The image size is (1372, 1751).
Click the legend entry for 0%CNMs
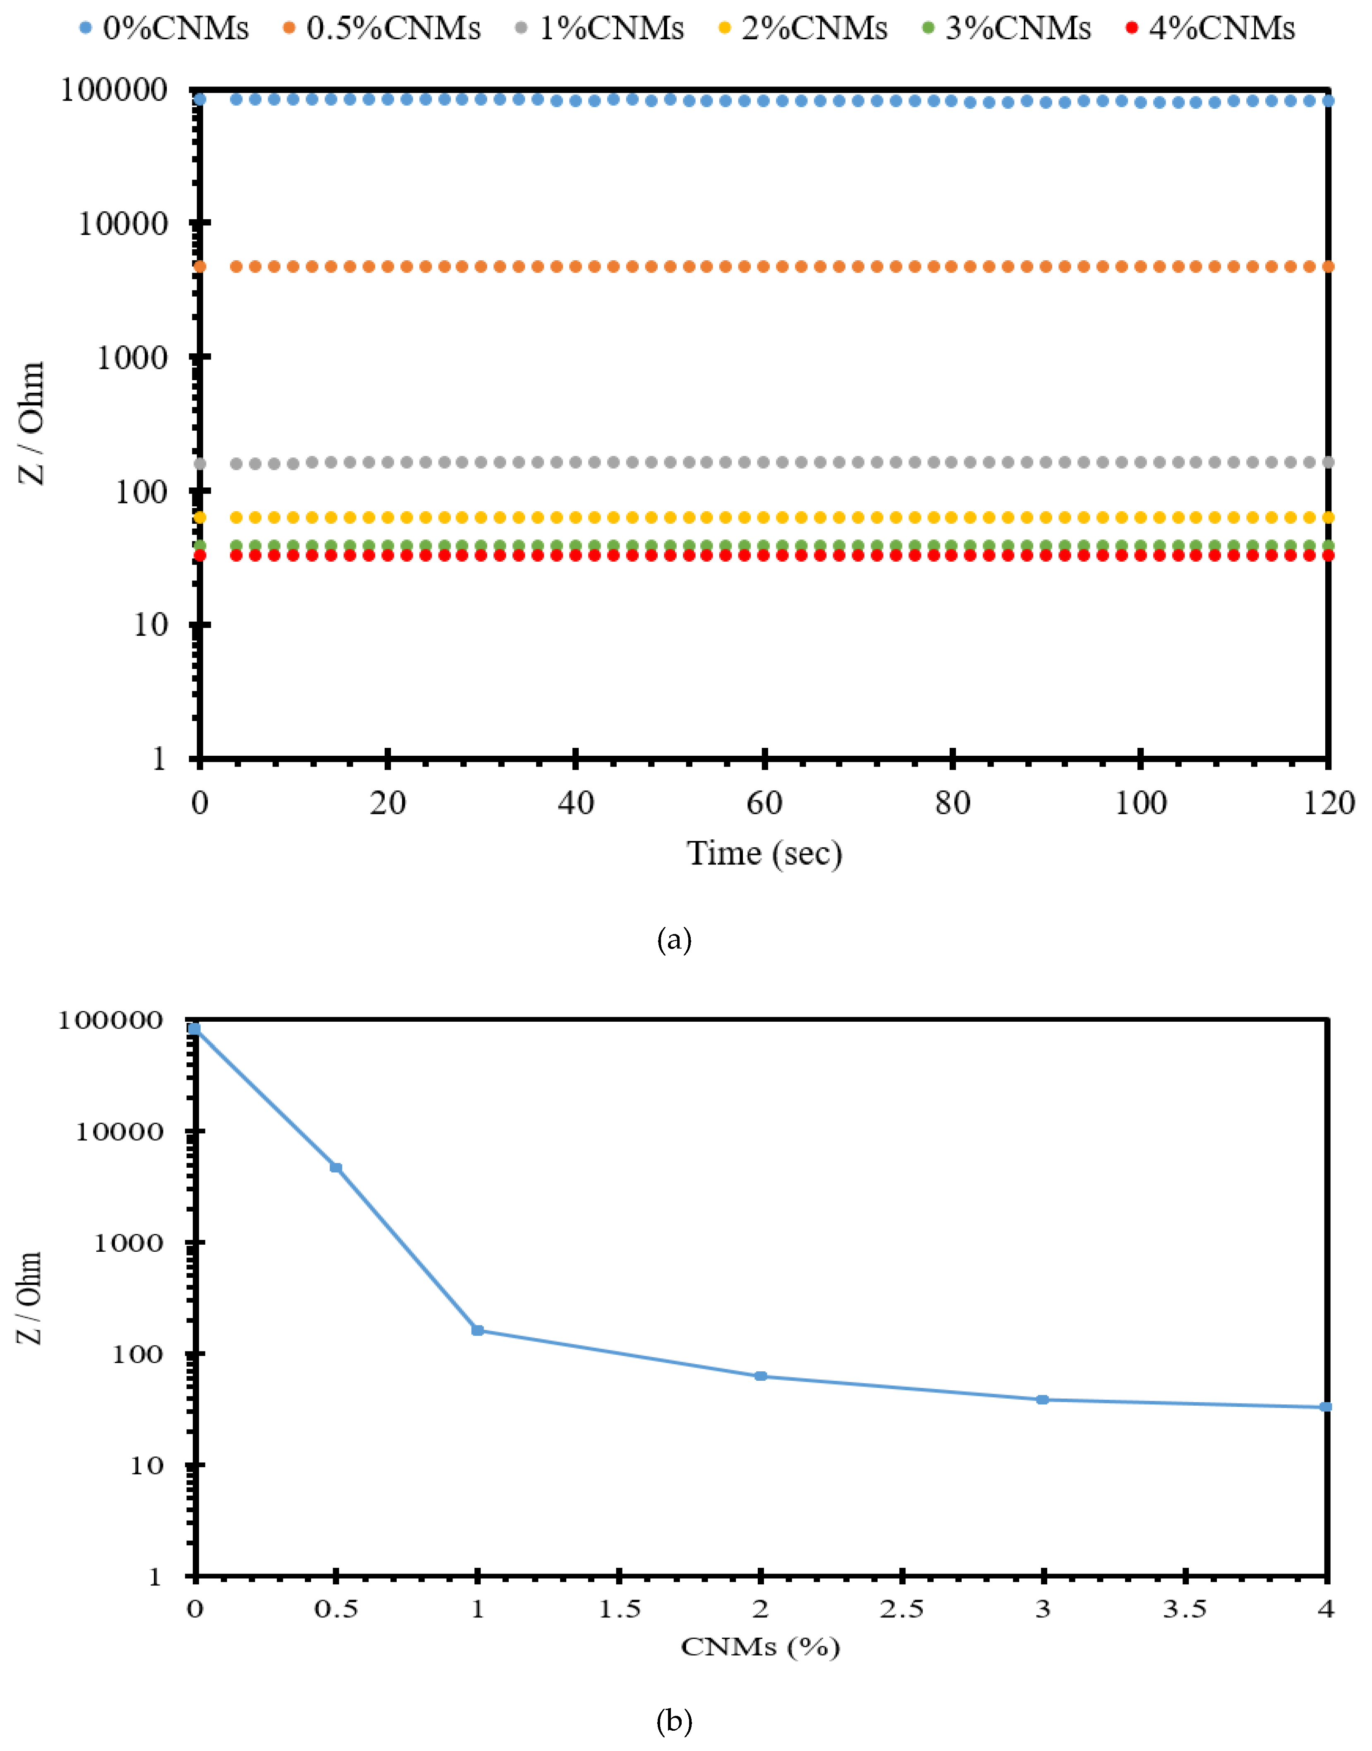click(165, 28)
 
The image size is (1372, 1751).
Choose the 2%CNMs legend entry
click(803, 28)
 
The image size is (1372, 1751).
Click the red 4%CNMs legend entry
click(1212, 28)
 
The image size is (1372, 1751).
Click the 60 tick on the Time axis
click(764, 802)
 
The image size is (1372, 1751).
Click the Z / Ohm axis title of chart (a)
click(32, 423)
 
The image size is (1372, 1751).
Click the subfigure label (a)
click(674, 939)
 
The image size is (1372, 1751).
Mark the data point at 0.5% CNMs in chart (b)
click(336, 1167)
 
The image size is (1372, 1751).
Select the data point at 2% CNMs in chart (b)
click(761, 1376)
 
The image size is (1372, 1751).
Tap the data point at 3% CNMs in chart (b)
click(1043, 1399)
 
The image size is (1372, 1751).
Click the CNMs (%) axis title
click(760, 1647)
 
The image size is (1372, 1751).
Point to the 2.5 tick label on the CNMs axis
click(902, 1609)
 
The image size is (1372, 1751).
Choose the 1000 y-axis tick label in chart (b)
click(129, 1243)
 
